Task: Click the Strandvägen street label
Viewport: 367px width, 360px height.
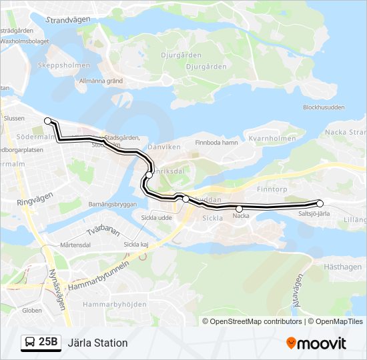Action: coord(67,20)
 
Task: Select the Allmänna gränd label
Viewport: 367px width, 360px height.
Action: coord(101,81)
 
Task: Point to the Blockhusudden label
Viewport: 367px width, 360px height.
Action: coord(324,107)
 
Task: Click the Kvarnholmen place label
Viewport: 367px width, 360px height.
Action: coord(272,139)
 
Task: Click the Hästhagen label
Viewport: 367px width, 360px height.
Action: coord(342,266)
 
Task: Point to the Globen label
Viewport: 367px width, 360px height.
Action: coord(31,310)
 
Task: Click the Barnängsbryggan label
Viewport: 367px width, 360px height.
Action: coord(112,204)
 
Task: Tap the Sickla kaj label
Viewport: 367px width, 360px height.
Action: coord(136,245)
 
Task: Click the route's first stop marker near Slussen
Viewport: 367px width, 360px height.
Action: coord(48,121)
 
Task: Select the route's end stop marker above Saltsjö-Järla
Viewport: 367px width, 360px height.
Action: coord(320,203)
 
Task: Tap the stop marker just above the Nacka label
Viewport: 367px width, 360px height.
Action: coord(240,209)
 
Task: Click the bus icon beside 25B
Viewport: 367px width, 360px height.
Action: coord(30,343)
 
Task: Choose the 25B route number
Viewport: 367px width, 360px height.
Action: coord(49,343)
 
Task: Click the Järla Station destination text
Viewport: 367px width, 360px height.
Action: coord(97,343)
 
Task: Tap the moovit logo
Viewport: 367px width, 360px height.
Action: coord(316,343)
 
